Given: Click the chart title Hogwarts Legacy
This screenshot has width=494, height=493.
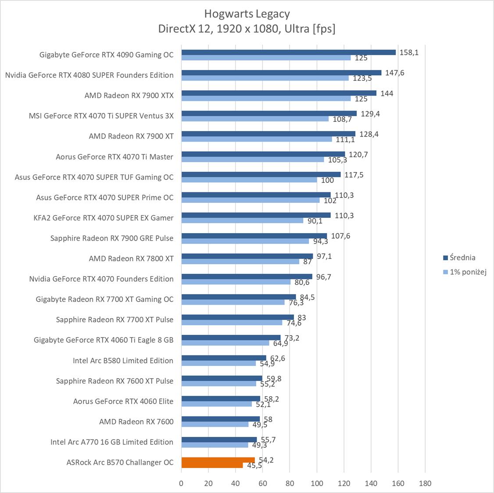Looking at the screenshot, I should pyautogui.click(x=247, y=14).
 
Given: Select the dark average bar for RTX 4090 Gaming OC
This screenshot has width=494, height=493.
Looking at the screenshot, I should pyautogui.click(x=288, y=52).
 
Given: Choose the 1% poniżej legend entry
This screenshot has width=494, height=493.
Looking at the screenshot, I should pyautogui.click(x=468, y=272).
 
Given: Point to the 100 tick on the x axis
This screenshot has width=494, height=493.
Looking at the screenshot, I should pyautogui.click(x=317, y=483).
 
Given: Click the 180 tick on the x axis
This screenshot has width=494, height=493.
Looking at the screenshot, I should pyautogui.click(x=425, y=483).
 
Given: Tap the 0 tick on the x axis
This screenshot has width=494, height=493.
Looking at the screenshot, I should pyautogui.click(x=181, y=483).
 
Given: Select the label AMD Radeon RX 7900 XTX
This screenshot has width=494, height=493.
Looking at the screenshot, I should pyautogui.click(x=129, y=96).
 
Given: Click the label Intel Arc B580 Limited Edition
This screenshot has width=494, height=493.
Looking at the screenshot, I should pyautogui.click(x=123, y=361).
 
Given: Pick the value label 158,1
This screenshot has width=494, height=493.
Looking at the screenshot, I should pyautogui.click(x=409, y=53).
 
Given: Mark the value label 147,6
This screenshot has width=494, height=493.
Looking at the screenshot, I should pyautogui.click(x=395, y=73).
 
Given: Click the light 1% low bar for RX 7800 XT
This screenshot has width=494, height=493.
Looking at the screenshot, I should pyautogui.click(x=240, y=261).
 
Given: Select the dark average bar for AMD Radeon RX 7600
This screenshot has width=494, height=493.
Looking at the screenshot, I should pyautogui.click(x=220, y=419).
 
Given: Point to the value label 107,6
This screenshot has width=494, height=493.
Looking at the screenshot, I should pyautogui.click(x=340, y=236).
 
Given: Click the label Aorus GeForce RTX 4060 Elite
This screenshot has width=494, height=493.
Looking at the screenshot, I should pyautogui.click(x=123, y=401).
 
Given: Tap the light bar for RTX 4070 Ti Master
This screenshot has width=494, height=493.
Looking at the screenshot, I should pyautogui.click(x=252, y=160).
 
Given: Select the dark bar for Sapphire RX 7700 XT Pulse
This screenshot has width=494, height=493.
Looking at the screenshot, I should pyautogui.click(x=237, y=317).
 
